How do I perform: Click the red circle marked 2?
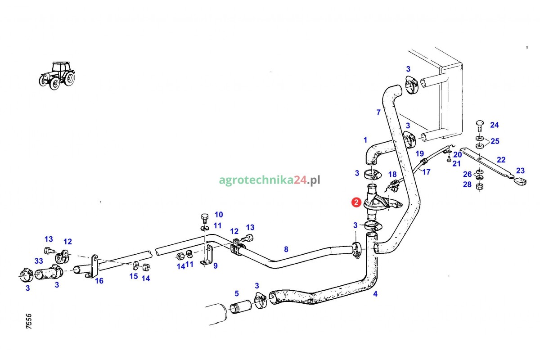[x=356, y=202]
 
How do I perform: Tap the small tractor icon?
[x=57, y=76]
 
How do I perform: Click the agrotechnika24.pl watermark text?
[x=270, y=180]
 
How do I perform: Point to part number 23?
[x=520, y=171]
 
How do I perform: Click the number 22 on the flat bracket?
[x=501, y=160]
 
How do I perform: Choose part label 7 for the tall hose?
[x=378, y=112]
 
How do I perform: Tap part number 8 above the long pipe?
[x=286, y=249]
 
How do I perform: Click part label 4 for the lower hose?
[x=375, y=295]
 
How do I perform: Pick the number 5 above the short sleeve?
[x=237, y=294]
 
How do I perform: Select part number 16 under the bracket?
[x=99, y=281]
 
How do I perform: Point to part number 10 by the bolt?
[x=218, y=215]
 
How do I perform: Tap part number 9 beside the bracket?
[x=216, y=266]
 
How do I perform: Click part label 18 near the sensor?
[x=392, y=174]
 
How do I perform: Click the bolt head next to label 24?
[x=479, y=123]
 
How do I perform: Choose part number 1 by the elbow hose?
[x=365, y=140]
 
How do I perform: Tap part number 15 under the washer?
[x=134, y=276]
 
